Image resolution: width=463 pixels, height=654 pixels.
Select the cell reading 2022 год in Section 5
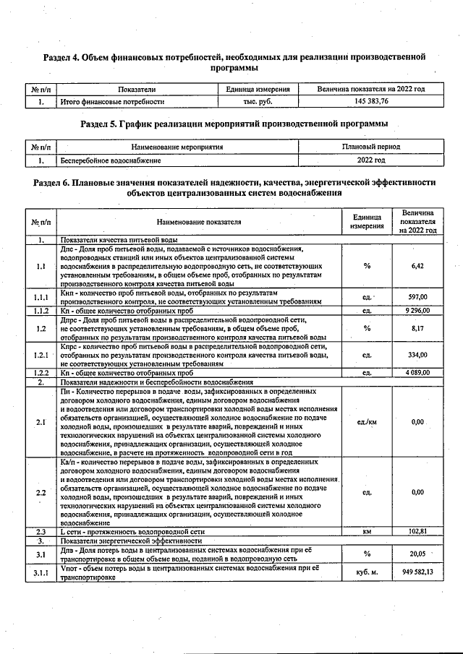(x=371, y=160)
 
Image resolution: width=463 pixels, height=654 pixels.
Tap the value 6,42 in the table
(x=417, y=266)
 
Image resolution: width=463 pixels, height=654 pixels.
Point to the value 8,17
(x=417, y=327)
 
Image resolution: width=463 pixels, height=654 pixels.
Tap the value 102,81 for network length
(x=417, y=531)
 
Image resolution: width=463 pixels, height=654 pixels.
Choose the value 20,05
(x=417, y=554)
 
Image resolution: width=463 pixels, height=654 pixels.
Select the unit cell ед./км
(x=367, y=421)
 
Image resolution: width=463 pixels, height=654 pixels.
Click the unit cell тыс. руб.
(x=258, y=102)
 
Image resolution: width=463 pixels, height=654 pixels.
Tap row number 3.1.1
(x=41, y=572)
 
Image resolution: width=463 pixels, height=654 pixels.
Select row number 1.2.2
(x=41, y=372)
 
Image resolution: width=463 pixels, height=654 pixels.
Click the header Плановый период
(x=371, y=147)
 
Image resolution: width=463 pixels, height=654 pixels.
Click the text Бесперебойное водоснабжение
(x=111, y=160)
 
